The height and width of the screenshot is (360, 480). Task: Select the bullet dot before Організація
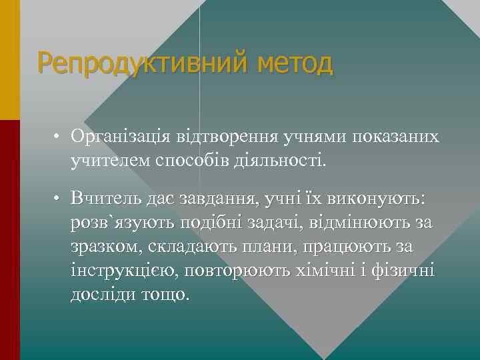[x=59, y=137]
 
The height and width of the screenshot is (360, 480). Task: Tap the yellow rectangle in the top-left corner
[x=10, y=60]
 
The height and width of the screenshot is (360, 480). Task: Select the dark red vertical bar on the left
[x=10, y=240]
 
